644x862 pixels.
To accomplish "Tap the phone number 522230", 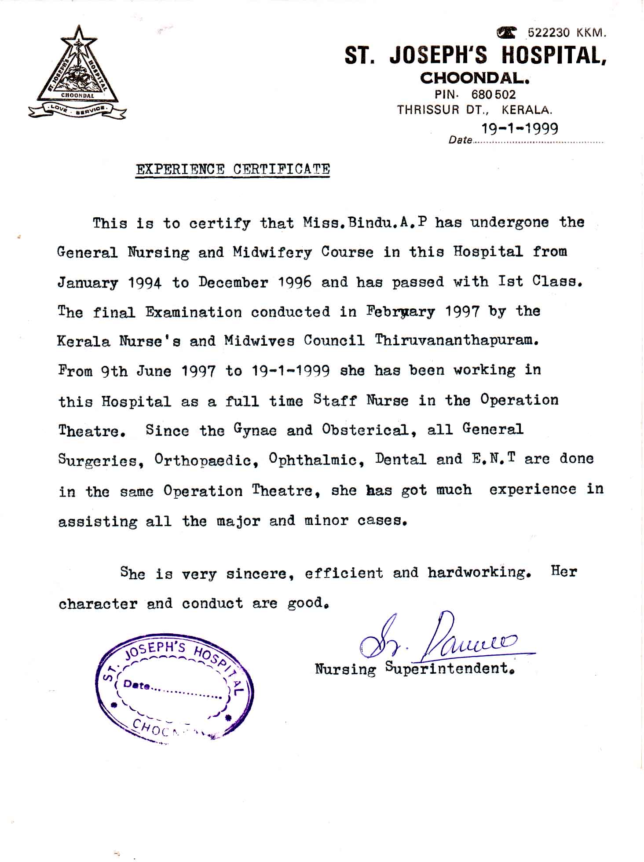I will (x=549, y=33).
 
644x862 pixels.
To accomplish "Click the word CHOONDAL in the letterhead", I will (x=475, y=78).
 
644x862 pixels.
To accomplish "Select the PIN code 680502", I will (x=493, y=95).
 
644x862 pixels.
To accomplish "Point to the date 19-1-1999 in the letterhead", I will (x=520, y=128).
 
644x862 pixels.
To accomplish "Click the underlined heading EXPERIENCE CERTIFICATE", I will (x=233, y=169).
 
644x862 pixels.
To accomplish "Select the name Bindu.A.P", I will (x=387, y=223).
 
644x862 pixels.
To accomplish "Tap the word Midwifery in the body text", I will (x=272, y=252).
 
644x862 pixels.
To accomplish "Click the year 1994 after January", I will (x=145, y=282).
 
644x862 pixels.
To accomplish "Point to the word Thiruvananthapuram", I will (x=457, y=341).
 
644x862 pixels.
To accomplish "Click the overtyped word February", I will (x=400, y=312).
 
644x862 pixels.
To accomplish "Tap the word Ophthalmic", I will (x=316, y=460).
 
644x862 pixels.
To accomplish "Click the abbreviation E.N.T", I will (x=493, y=459).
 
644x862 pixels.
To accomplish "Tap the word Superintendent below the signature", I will (x=450, y=668).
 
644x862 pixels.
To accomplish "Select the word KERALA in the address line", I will (x=527, y=110).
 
